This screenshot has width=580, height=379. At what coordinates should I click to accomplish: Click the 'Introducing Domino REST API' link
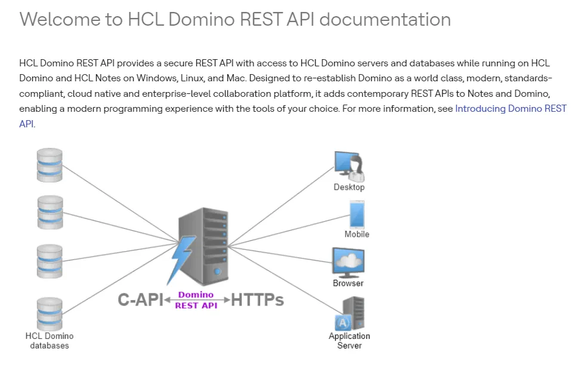[510, 109]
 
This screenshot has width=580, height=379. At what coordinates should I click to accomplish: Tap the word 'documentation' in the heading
[385, 19]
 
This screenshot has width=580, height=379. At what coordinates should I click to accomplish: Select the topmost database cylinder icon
[50, 165]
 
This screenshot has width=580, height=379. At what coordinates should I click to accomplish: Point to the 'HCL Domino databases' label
[50, 341]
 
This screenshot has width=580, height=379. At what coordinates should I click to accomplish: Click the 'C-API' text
[140, 299]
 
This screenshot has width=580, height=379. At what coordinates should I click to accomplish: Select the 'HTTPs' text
[257, 299]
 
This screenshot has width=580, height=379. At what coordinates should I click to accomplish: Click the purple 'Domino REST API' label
[196, 299]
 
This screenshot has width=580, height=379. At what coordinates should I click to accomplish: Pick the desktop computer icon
[349, 166]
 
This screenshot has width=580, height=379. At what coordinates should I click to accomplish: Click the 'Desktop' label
[349, 187]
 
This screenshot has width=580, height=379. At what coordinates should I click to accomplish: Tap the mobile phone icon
[357, 214]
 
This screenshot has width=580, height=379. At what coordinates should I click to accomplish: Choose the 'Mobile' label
[357, 234]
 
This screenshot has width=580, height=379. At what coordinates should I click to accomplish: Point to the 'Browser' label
[348, 283]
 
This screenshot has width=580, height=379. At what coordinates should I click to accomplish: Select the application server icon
[351, 314]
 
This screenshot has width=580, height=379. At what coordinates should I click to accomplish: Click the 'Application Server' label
[350, 341]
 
